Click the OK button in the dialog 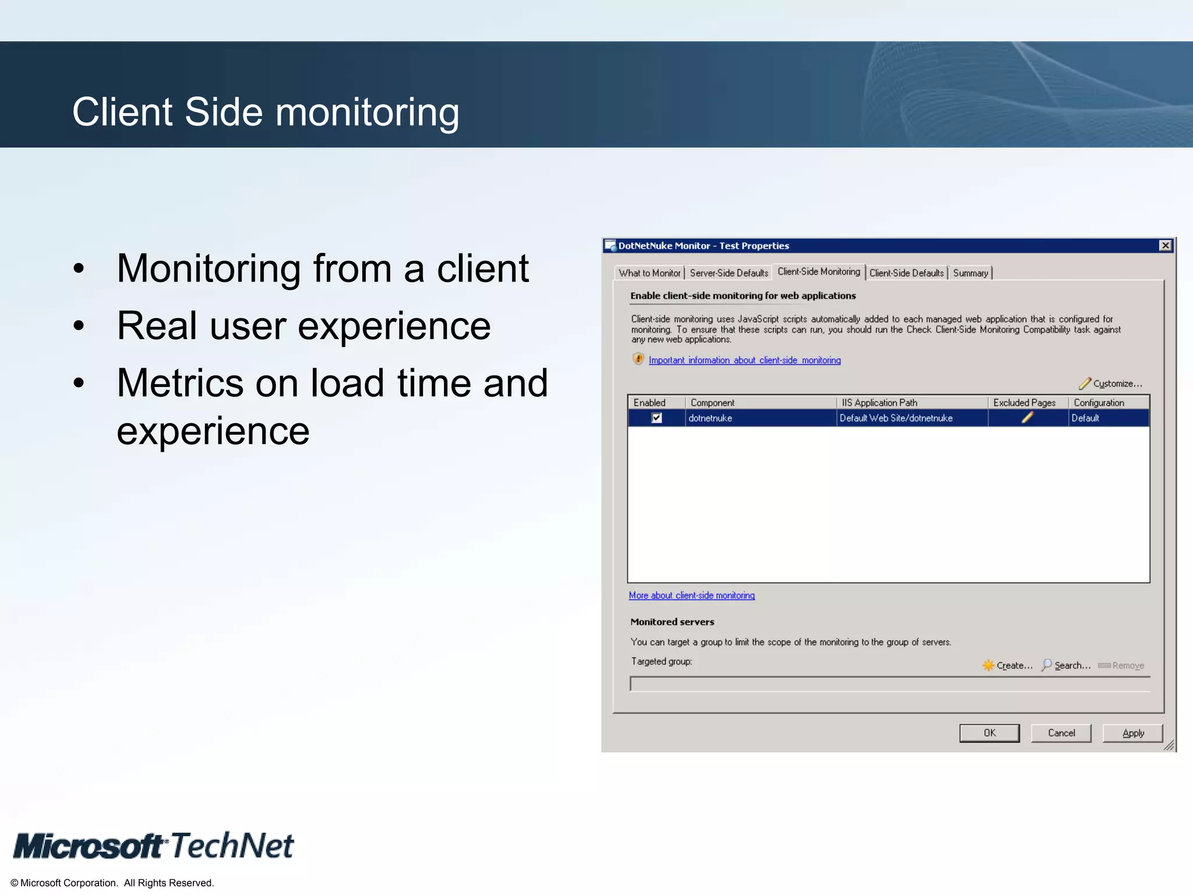[989, 733]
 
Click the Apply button [1132, 733]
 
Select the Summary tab [970, 273]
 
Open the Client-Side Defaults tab [906, 273]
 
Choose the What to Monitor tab [649, 273]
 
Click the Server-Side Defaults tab [728, 273]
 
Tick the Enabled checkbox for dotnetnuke [656, 418]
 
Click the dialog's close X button [1165, 245]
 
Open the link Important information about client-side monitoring [744, 360]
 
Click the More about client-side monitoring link [691, 596]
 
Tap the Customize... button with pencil [1110, 383]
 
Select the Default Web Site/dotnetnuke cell [896, 418]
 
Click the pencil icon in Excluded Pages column [1028, 418]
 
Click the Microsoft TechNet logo [154, 846]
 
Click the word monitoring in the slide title [367, 113]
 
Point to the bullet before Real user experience [79, 326]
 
